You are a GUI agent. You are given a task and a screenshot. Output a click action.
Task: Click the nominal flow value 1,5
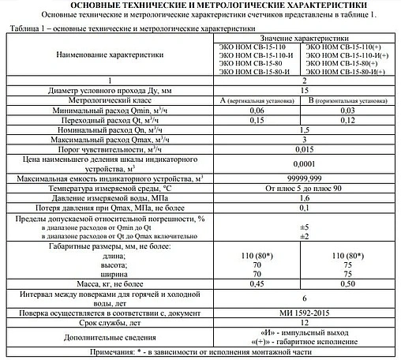[x=303, y=130]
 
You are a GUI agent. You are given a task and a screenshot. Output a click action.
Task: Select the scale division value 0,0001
[x=303, y=163]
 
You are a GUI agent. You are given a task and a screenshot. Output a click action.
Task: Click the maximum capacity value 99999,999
[x=303, y=180]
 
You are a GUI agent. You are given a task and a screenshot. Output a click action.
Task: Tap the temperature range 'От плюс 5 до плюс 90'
[x=303, y=189]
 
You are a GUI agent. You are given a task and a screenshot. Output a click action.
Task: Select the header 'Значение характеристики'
[x=303, y=38]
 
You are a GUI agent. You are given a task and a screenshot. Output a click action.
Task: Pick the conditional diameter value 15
[x=303, y=92]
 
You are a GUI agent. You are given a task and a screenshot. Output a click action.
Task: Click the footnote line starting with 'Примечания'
[x=200, y=352]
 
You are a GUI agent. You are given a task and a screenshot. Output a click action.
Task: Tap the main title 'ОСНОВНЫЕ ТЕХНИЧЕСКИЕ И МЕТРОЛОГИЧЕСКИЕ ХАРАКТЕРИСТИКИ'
[x=200, y=6]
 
